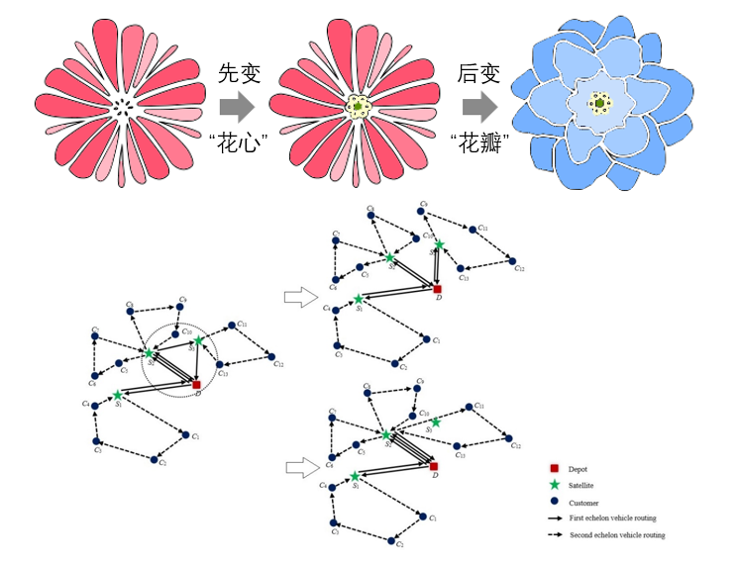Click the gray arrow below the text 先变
pyautogui.click(x=236, y=105)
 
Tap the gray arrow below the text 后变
pyautogui.click(x=479, y=105)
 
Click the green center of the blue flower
pyautogui.click(x=598, y=103)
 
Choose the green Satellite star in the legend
pyautogui.click(x=558, y=485)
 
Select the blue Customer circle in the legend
pyautogui.click(x=558, y=502)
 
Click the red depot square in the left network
pyautogui.click(x=197, y=384)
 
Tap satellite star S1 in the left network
pyautogui.click(x=118, y=395)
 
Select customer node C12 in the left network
pyautogui.click(x=272, y=360)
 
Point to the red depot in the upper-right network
pyautogui.click(x=437, y=289)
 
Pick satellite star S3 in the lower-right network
pyautogui.click(x=435, y=422)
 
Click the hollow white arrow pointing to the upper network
pyautogui.click(x=297, y=295)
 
